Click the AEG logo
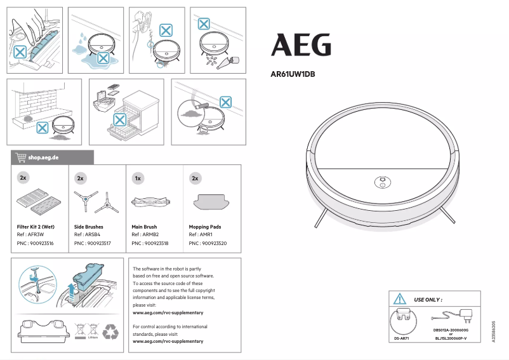pyautogui.click(x=301, y=45)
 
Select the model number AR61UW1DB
pyautogui.click(x=293, y=74)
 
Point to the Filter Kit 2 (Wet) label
pyautogui.click(x=35, y=227)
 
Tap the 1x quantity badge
pyautogui.click(x=138, y=178)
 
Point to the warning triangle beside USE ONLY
pyautogui.click(x=399, y=298)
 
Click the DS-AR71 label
pyautogui.click(x=401, y=339)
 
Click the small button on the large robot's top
pyautogui.click(x=381, y=180)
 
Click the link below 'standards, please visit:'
pyautogui.click(x=168, y=342)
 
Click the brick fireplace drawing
pyautogui.click(x=32, y=102)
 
